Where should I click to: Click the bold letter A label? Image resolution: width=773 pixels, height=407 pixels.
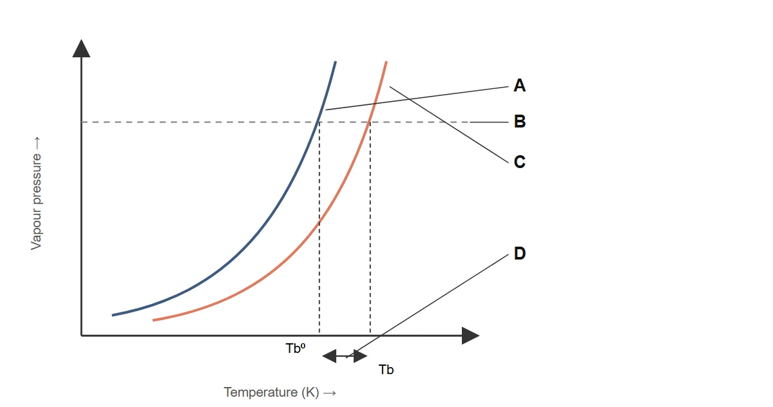pyautogui.click(x=519, y=85)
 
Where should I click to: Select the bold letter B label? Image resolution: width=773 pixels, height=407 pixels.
pyautogui.click(x=520, y=122)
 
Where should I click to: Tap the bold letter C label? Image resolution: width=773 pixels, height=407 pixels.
pyautogui.click(x=519, y=162)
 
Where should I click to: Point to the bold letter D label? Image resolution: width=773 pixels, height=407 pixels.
pyautogui.click(x=520, y=253)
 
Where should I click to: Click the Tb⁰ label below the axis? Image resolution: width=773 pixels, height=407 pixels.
pyautogui.click(x=296, y=348)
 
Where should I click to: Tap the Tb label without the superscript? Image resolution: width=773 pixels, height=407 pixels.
pyautogui.click(x=386, y=370)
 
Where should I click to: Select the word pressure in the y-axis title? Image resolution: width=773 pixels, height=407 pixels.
pyautogui.click(x=36, y=178)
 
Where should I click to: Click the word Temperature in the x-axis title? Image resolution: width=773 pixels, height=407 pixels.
pyautogui.click(x=260, y=392)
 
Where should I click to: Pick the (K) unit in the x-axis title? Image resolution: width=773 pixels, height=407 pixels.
pyautogui.click(x=310, y=393)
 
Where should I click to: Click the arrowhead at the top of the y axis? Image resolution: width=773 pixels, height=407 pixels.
pyautogui.click(x=81, y=48)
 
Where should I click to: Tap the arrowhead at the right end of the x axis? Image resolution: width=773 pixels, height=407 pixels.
pyautogui.click(x=471, y=336)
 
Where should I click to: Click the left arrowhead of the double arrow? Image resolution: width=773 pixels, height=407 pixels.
pyautogui.click(x=329, y=356)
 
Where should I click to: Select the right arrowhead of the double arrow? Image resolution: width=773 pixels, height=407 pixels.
pyautogui.click(x=360, y=356)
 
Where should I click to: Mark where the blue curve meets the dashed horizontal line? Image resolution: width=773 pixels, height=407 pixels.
pyautogui.click(x=318, y=122)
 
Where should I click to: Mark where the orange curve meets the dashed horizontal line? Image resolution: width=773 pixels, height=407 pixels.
pyautogui.click(x=370, y=122)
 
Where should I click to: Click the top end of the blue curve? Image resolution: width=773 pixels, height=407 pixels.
pyautogui.click(x=336, y=62)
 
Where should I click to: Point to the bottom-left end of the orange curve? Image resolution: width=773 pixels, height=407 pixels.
pyautogui.click(x=153, y=320)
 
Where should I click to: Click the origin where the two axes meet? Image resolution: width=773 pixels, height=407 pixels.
pyautogui.click(x=81, y=336)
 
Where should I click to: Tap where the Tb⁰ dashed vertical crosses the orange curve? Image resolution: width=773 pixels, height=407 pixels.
pyautogui.click(x=320, y=222)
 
